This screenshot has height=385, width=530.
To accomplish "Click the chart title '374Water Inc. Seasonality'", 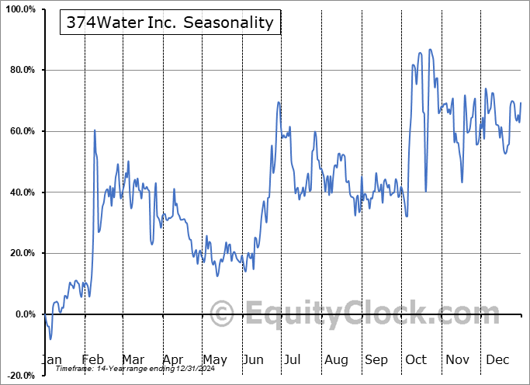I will tap(170, 23).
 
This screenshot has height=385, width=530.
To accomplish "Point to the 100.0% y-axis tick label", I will tap(19, 9).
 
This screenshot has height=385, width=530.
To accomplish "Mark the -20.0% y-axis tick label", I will tap(19, 375).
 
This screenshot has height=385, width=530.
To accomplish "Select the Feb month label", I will tap(92, 360).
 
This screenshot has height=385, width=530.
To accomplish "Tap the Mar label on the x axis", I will tap(133, 360).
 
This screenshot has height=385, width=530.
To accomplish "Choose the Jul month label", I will tap(293, 360).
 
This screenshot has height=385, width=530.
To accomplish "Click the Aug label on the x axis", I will tap(336, 360).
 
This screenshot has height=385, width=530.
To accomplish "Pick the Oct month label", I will tap(417, 360).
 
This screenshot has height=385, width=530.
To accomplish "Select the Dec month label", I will tap(497, 360).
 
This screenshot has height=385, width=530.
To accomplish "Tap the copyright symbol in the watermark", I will tap(222, 314).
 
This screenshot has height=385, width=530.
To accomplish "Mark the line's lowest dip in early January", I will tap(50, 339).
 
